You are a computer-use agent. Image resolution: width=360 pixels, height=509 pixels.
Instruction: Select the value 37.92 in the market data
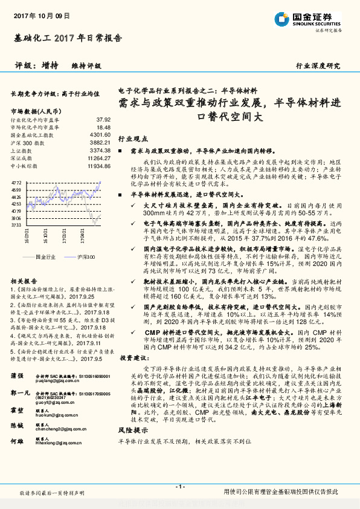(104, 120)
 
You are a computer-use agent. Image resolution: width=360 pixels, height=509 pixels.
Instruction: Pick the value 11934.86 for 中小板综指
(98, 164)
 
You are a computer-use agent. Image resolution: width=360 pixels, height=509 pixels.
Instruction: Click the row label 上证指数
(22, 150)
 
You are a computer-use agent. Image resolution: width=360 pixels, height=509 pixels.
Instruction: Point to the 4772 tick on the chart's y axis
(16, 181)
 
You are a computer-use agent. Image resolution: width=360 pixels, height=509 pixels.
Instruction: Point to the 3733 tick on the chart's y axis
(16, 225)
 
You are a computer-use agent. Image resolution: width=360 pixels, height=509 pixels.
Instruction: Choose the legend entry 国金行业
(45, 257)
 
